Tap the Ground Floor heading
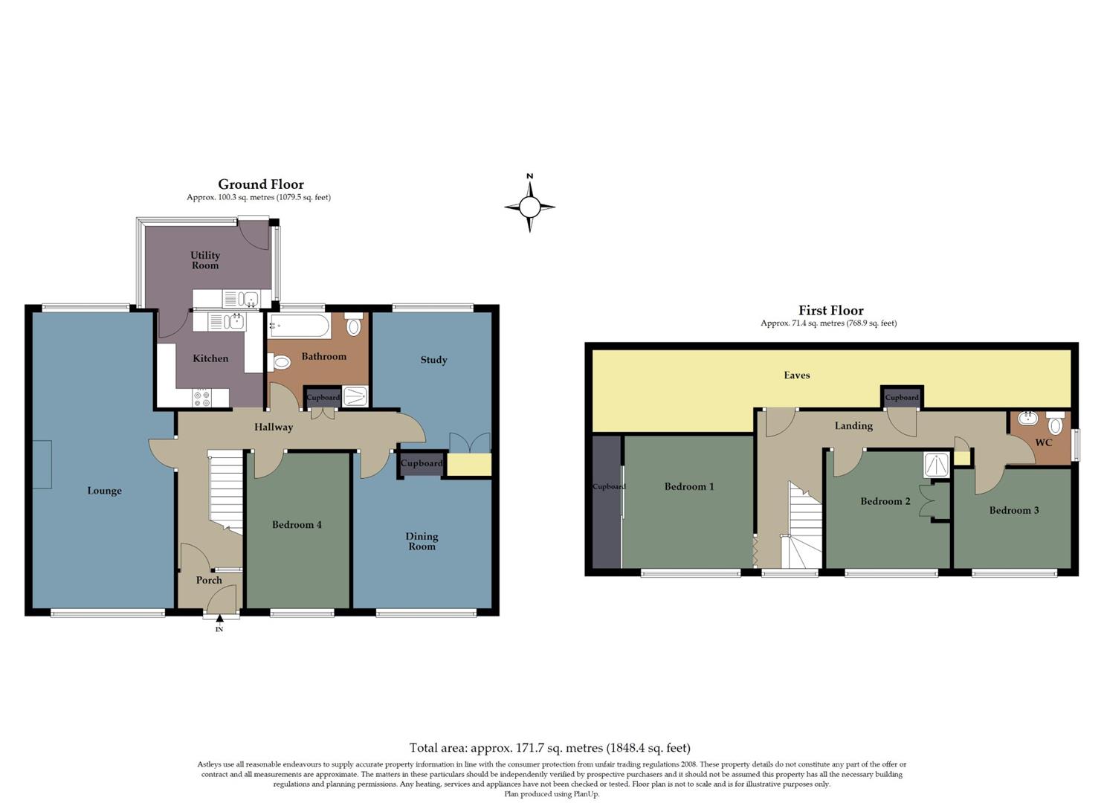pyautogui.click(x=260, y=184)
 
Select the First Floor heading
pyautogui.click(x=830, y=310)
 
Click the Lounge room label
pyautogui.click(x=104, y=491)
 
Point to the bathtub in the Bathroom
pyautogui.click(x=300, y=326)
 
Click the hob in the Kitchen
pyautogui.click(x=201, y=399)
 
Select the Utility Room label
pyautogui.click(x=205, y=260)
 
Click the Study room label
pyautogui.click(x=433, y=360)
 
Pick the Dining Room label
pyautogui.click(x=422, y=541)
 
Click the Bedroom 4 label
pyautogui.click(x=297, y=525)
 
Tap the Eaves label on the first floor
pyautogui.click(x=796, y=375)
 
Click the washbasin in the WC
pyautogui.click(x=1028, y=419)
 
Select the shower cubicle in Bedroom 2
pyautogui.click(x=936, y=465)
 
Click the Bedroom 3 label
pyautogui.click(x=1013, y=510)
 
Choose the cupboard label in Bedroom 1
pyautogui.click(x=609, y=487)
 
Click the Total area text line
pyautogui.click(x=549, y=748)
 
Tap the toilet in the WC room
pyautogui.click(x=1055, y=424)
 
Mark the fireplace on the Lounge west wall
pyautogui.click(x=42, y=465)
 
